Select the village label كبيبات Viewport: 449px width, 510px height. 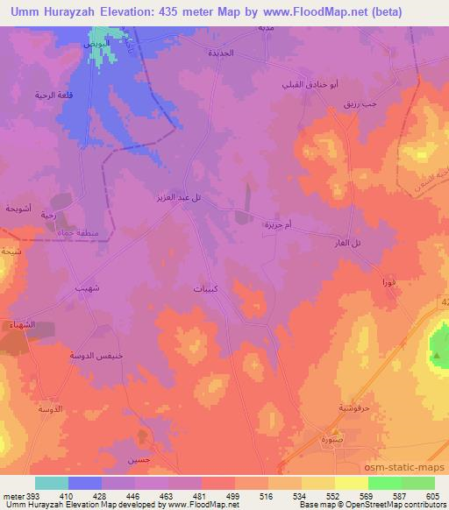pos(206,287)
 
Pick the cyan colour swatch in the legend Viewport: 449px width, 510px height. pos(51,483)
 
